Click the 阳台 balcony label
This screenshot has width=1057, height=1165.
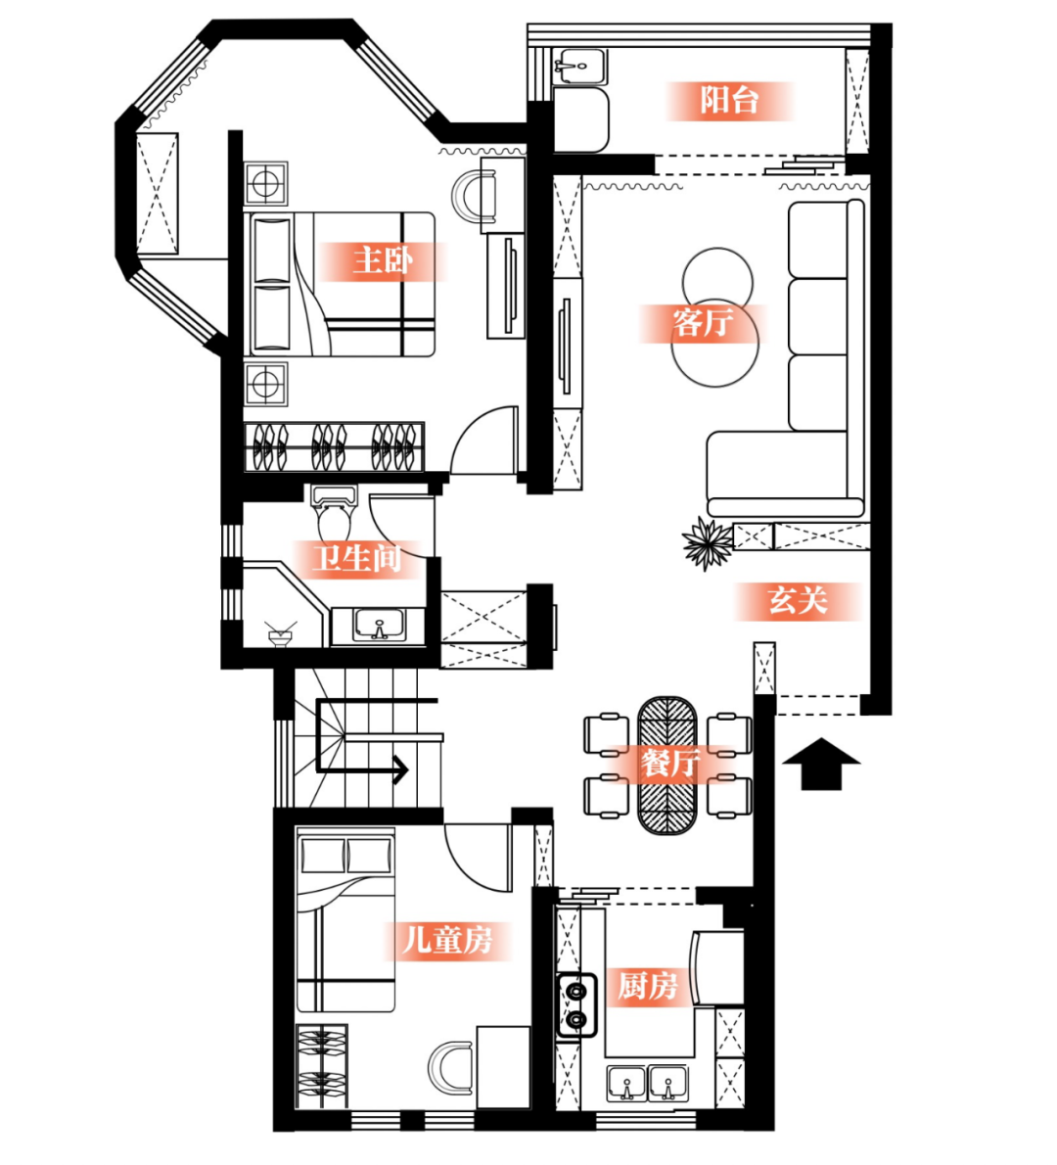pyautogui.click(x=729, y=100)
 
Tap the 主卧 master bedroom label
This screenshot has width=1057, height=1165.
pyautogui.click(x=383, y=260)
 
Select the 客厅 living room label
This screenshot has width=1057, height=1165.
pyautogui.click(x=703, y=323)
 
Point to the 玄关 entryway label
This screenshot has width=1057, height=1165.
pyautogui.click(x=798, y=600)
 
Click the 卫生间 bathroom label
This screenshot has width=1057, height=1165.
pyautogui.click(x=356, y=559)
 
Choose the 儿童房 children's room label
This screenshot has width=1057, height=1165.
pyautogui.click(x=447, y=940)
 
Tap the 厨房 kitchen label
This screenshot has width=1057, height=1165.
pyautogui.click(x=648, y=986)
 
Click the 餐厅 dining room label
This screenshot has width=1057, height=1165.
pyautogui.click(x=670, y=763)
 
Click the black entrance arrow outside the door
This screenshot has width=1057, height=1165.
pyautogui.click(x=821, y=763)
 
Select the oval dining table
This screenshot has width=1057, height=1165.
pyautogui.click(x=667, y=766)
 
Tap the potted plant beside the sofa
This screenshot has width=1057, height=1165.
pyautogui.click(x=707, y=543)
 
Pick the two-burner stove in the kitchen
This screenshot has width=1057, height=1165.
pyautogui.click(x=577, y=1004)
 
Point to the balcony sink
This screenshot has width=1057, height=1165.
pyautogui.click(x=580, y=67)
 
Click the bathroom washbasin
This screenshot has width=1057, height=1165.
pyautogui.click(x=379, y=625)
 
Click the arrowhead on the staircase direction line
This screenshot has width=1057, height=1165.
pyautogui.click(x=401, y=769)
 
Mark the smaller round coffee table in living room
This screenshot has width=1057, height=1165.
pyautogui.click(x=717, y=282)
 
